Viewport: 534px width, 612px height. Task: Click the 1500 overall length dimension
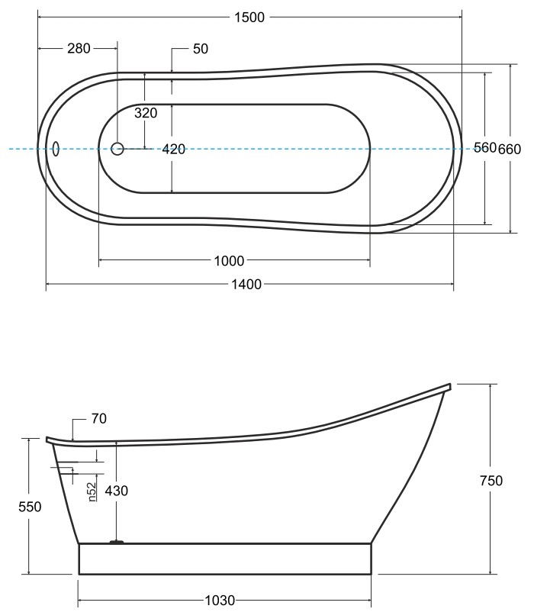(x=249, y=18)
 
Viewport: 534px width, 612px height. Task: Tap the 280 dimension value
(x=79, y=48)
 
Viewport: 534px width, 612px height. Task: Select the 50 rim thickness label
(x=201, y=49)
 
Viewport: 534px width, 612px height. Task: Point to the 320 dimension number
(x=146, y=113)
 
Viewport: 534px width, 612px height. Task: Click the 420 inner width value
(x=174, y=149)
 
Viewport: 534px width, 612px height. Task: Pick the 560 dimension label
(x=485, y=147)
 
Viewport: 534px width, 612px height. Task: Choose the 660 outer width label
(x=510, y=149)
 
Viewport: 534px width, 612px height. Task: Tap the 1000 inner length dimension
(x=230, y=261)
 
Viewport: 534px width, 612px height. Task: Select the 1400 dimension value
(x=246, y=284)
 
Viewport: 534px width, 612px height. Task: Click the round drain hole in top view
(x=117, y=149)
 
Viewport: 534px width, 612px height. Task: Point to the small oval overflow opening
(x=56, y=149)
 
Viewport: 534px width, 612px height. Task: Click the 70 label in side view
(x=99, y=418)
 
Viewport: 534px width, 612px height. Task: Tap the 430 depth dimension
(x=117, y=491)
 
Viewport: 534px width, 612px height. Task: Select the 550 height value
(x=30, y=507)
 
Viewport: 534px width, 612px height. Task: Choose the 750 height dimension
(x=491, y=481)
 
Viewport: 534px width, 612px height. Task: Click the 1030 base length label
(x=220, y=601)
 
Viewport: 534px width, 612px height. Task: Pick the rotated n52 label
(x=92, y=491)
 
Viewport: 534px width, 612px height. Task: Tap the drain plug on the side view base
(x=117, y=542)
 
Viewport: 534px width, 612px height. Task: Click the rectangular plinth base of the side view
(x=225, y=559)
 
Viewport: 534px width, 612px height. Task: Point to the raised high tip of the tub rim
(x=451, y=386)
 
